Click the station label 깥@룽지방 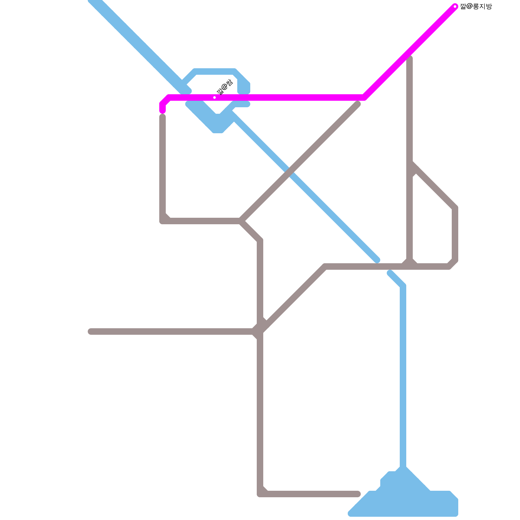click(x=476, y=6)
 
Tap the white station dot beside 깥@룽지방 click(x=455, y=6)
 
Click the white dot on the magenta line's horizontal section click(x=214, y=97)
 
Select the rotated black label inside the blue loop click(x=225, y=87)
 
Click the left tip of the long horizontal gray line click(x=91, y=331)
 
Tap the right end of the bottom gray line click(x=358, y=494)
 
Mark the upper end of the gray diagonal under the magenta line click(x=357, y=104)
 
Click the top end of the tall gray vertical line click(x=410, y=58)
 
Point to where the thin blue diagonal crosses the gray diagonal click(x=290, y=172)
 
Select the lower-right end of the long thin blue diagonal click(x=377, y=260)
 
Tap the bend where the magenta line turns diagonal click(x=364, y=97)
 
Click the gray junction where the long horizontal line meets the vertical click(x=260, y=331)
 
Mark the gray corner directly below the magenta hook click(x=162, y=221)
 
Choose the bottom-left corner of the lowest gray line click(x=260, y=494)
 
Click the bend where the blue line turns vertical click(x=403, y=286)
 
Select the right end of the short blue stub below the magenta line click(x=247, y=104)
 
